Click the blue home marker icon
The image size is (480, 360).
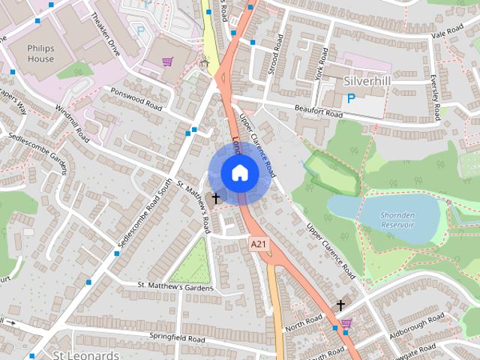(x=239, y=172)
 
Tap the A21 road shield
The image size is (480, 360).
(x=259, y=244)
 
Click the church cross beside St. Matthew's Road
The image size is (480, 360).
(x=217, y=198)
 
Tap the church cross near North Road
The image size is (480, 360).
(x=341, y=305)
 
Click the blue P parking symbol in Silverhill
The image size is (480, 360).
(x=350, y=98)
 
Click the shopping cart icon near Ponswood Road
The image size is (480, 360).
(x=168, y=62)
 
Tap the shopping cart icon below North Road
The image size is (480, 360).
(x=346, y=323)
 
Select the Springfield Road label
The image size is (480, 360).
(x=177, y=337)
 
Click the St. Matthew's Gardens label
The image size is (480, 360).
(x=175, y=287)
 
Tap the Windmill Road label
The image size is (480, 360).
(x=74, y=120)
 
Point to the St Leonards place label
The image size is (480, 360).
(x=86, y=354)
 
